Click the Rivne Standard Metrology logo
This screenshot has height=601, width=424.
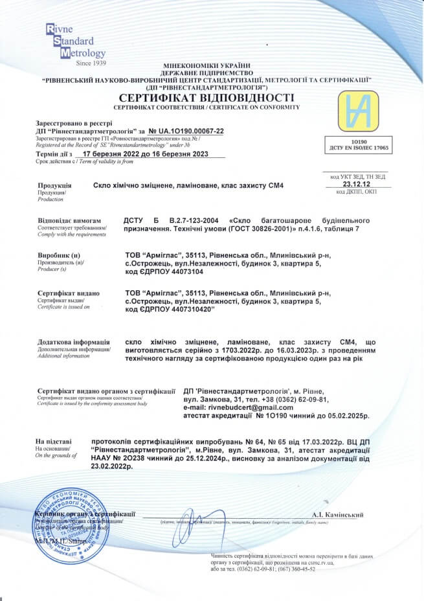tap(75, 41)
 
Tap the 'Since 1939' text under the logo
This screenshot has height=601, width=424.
tap(90, 63)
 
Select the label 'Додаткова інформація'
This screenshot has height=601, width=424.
tap(73, 341)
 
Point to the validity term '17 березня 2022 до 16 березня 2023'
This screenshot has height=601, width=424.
tap(149, 155)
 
